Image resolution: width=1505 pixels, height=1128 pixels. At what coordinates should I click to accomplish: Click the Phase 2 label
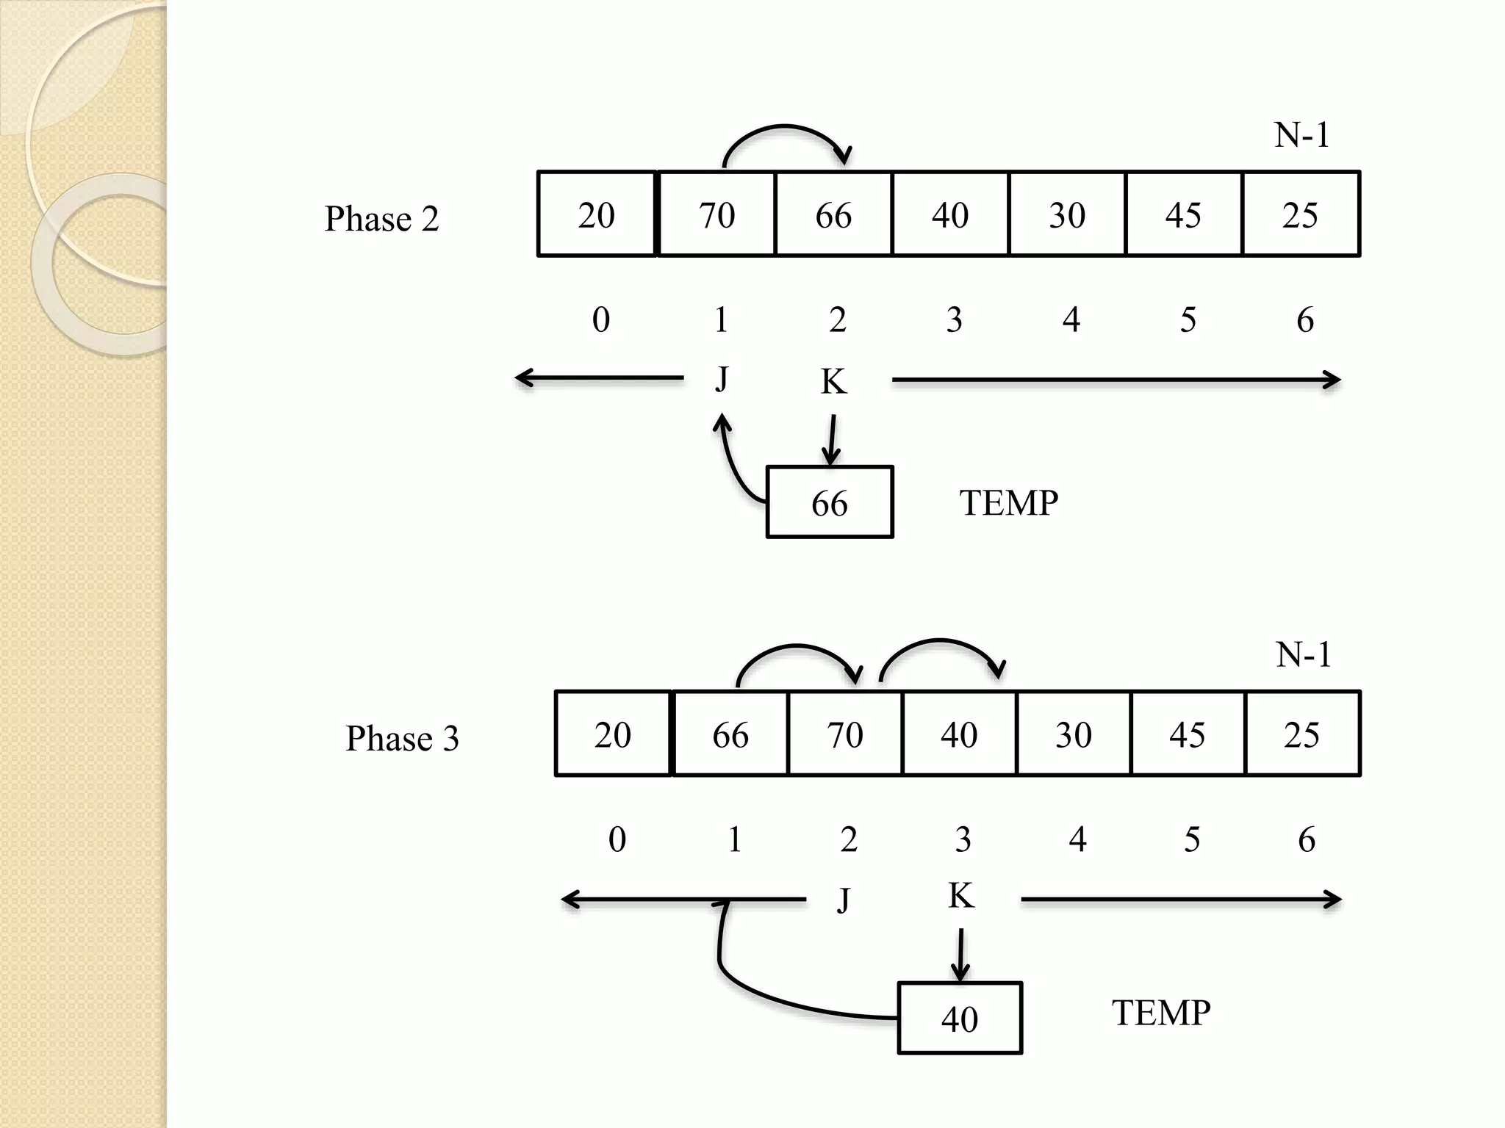[381, 219]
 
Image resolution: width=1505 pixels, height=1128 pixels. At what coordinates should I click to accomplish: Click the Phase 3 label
[402, 738]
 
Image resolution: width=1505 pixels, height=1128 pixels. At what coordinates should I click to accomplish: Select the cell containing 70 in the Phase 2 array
[716, 214]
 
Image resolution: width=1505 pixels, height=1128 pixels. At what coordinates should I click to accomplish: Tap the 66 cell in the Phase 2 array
[833, 214]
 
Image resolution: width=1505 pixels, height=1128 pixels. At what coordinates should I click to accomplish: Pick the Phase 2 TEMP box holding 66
[830, 503]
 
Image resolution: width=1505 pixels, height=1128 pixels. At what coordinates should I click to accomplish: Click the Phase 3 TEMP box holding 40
[960, 1019]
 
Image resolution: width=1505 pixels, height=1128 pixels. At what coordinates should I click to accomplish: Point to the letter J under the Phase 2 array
[722, 379]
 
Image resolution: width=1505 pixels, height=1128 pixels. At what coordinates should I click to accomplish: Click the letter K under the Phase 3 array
[960, 896]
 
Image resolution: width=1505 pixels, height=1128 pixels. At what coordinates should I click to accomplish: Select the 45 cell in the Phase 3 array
[1188, 734]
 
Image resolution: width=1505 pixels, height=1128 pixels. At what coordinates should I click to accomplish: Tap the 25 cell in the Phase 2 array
[1300, 214]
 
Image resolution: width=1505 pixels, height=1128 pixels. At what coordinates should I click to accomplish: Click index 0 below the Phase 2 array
[600, 319]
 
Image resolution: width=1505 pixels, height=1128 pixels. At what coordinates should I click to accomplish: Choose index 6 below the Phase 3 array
[1306, 839]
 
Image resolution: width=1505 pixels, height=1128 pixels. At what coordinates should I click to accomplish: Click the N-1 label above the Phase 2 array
[1301, 135]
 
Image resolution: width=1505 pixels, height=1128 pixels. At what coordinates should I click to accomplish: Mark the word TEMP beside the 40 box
[1160, 1013]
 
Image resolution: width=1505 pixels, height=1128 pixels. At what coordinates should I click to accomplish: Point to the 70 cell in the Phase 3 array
[845, 734]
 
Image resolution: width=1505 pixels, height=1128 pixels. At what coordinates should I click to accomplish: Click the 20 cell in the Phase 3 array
[613, 734]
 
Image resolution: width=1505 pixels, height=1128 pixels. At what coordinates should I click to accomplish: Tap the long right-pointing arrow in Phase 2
[1116, 380]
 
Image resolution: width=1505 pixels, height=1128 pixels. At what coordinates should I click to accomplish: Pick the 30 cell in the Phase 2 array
[1067, 214]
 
